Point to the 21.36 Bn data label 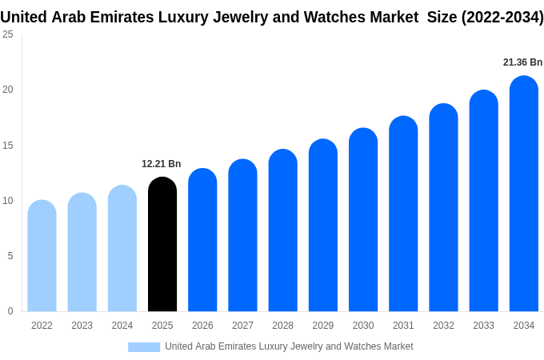[522, 62]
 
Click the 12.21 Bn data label [162, 164]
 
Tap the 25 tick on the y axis [8, 34]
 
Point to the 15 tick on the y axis [8, 145]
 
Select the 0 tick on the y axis [10, 311]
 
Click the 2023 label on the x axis [82, 326]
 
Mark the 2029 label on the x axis [323, 326]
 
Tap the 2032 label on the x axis [443, 326]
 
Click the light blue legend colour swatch [144, 346]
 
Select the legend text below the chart [289, 346]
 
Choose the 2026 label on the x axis [202, 326]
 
